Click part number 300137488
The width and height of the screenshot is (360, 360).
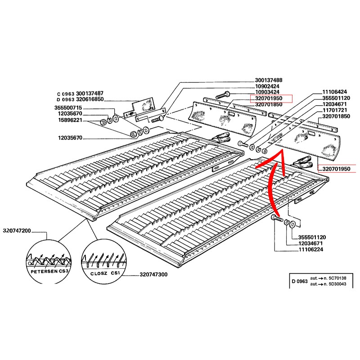(268, 81)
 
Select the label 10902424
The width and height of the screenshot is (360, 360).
(267, 86)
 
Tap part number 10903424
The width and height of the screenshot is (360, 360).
(267, 92)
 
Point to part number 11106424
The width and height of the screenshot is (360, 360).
(334, 92)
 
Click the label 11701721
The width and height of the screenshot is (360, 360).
(334, 110)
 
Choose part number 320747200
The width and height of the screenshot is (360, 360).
(17, 230)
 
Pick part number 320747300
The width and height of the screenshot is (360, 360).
(153, 274)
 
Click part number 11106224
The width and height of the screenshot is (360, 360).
(310, 249)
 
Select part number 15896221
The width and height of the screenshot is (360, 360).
(70, 120)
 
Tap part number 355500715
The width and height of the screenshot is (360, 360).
(68, 108)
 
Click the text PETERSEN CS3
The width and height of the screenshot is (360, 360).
(49, 271)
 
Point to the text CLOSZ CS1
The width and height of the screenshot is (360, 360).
(105, 274)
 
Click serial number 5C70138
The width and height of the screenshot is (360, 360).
(337, 278)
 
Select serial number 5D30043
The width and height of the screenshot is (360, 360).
(337, 284)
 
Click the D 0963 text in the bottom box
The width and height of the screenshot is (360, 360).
(299, 281)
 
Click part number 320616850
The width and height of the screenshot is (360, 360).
(90, 99)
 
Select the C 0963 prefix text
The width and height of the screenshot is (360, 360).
(66, 94)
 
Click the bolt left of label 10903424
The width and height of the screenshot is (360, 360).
(223, 95)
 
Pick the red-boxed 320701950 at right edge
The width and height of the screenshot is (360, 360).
(336, 169)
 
